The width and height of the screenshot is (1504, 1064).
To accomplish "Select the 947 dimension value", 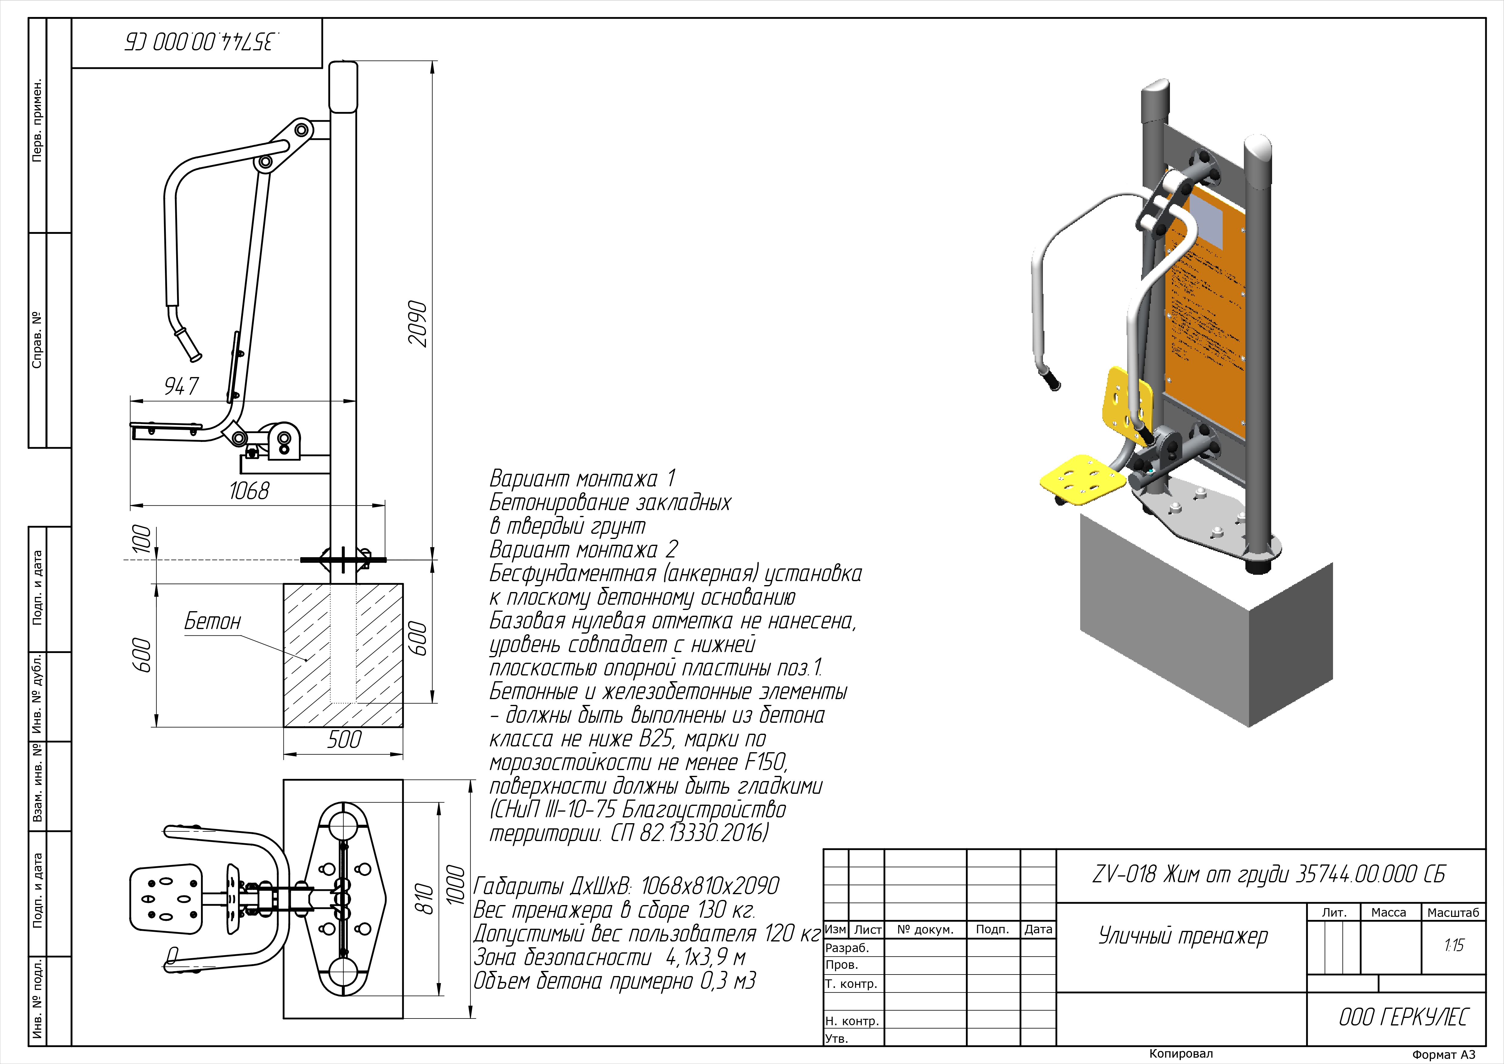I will tap(182, 386).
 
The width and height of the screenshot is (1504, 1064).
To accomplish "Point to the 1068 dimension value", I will tap(249, 491).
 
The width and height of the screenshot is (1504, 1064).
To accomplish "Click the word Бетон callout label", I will tap(212, 621).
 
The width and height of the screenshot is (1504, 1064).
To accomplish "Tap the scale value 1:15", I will tap(1454, 945).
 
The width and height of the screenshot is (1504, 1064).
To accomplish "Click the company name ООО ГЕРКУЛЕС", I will tap(1403, 1017).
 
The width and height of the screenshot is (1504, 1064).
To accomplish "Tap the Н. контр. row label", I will tap(852, 1021).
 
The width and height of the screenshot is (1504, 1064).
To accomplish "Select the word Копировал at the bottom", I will tap(1181, 1053).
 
